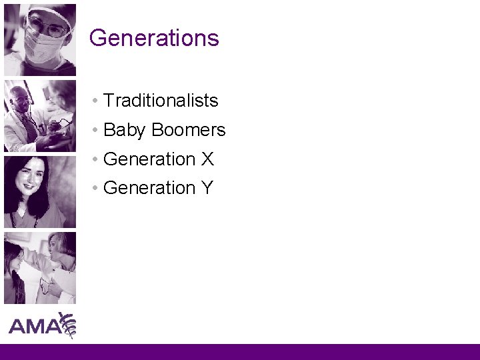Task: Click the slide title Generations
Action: pyautogui.click(x=154, y=38)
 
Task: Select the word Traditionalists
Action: pyautogui.click(x=161, y=101)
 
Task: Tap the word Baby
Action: pyautogui.click(x=124, y=130)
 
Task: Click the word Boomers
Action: pyautogui.click(x=189, y=130)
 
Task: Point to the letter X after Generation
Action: pyautogui.click(x=207, y=159)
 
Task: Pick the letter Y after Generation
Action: pyautogui.click(x=207, y=189)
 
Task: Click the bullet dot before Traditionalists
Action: pyautogui.click(x=97, y=101)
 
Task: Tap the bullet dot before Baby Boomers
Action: pyautogui.click(x=97, y=131)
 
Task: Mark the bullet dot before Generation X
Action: pyautogui.click(x=97, y=160)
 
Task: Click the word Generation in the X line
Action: pyautogui.click(x=149, y=159)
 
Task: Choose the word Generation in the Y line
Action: pyautogui.click(x=149, y=189)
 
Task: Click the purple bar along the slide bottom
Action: pyautogui.click(x=240, y=352)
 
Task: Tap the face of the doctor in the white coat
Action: pyautogui.click(x=23, y=100)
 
